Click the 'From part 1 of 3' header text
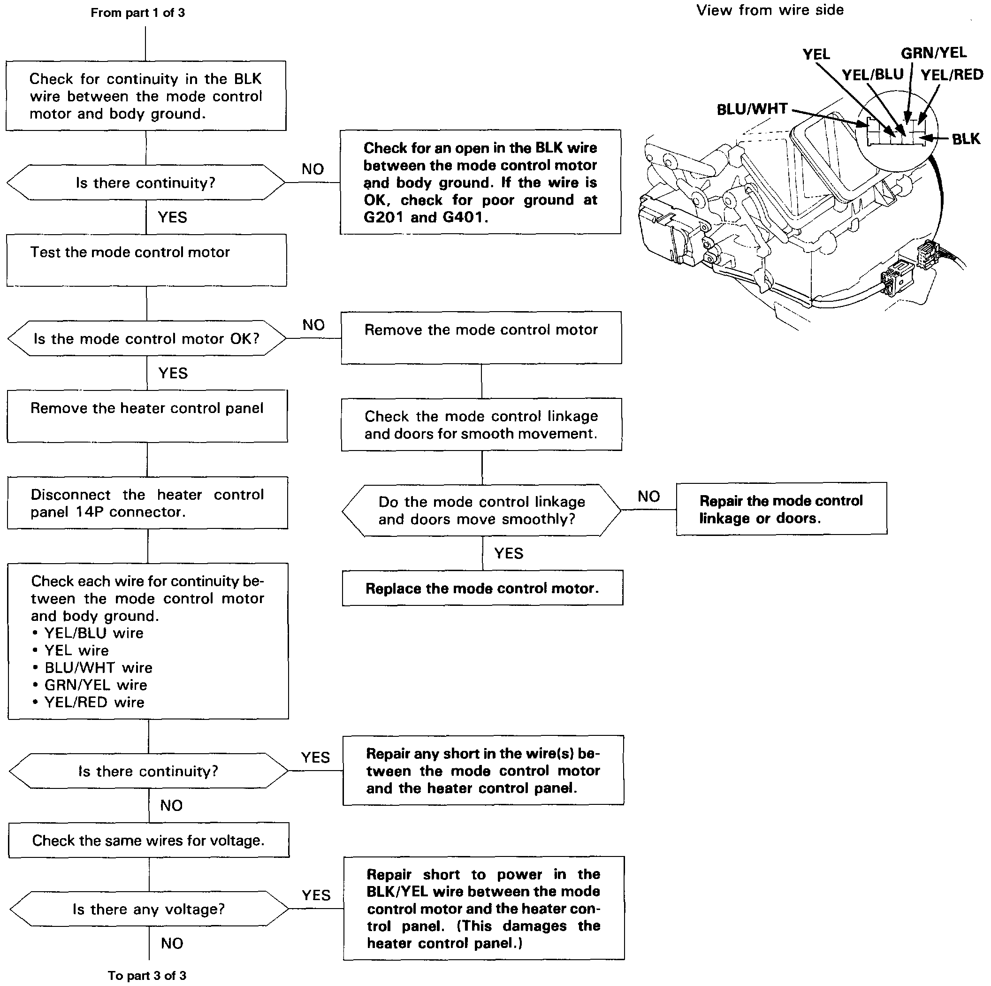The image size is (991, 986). [137, 13]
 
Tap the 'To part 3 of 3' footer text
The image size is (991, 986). [147, 975]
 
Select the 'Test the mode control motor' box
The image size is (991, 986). [147, 260]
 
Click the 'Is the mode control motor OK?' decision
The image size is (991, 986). [147, 338]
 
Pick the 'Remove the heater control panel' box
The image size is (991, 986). [147, 416]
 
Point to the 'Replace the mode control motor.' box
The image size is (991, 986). [482, 588]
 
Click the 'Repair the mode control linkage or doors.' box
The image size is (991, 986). [781, 509]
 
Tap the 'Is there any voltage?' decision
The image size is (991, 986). [149, 909]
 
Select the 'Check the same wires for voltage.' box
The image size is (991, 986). [149, 841]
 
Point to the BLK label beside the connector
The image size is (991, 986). [965, 139]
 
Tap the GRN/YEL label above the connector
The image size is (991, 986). [934, 53]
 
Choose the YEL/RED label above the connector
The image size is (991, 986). [952, 75]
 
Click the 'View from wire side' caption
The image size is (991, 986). [770, 10]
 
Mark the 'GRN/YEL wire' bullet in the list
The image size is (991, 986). [95, 685]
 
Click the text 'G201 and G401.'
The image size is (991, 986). [426, 217]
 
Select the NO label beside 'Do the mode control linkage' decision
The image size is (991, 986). [648, 496]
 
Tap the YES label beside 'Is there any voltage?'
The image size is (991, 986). [316, 895]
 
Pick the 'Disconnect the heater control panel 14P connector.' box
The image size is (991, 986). [147, 503]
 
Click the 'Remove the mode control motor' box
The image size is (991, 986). [481, 337]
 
